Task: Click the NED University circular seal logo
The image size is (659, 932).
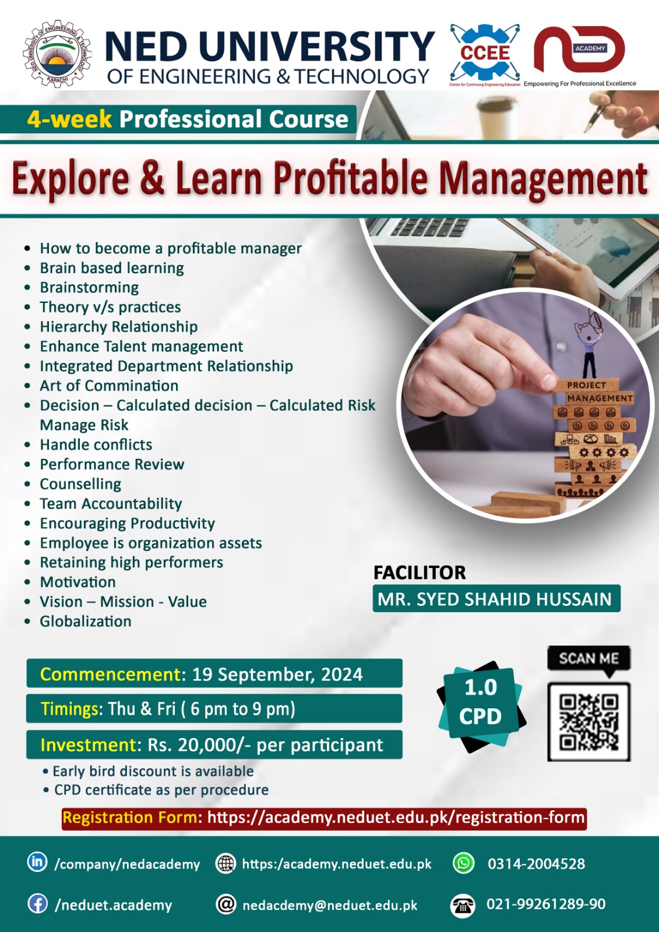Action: coord(57,54)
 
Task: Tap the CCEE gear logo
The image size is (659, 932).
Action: coord(485,53)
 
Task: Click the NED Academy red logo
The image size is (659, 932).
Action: coord(579,50)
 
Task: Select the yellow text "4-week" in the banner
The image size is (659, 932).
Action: coord(69,119)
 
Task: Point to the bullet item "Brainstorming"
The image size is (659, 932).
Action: coord(89,288)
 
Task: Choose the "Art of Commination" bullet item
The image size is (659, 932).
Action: coord(109,386)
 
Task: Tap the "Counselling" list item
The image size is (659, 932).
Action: coord(80,484)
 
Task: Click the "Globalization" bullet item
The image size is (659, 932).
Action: coord(86,622)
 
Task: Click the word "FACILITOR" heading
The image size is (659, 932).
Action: coord(420,573)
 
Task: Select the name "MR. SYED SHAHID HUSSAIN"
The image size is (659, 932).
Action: coord(495,599)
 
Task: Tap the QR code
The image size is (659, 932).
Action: coord(589,722)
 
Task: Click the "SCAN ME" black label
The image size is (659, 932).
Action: coord(588,659)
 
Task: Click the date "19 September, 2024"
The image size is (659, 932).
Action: coord(277,674)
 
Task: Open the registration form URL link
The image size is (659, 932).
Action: coord(396,818)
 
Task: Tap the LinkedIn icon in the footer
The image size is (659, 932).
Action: coord(37,862)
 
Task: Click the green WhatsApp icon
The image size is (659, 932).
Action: coord(464,863)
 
